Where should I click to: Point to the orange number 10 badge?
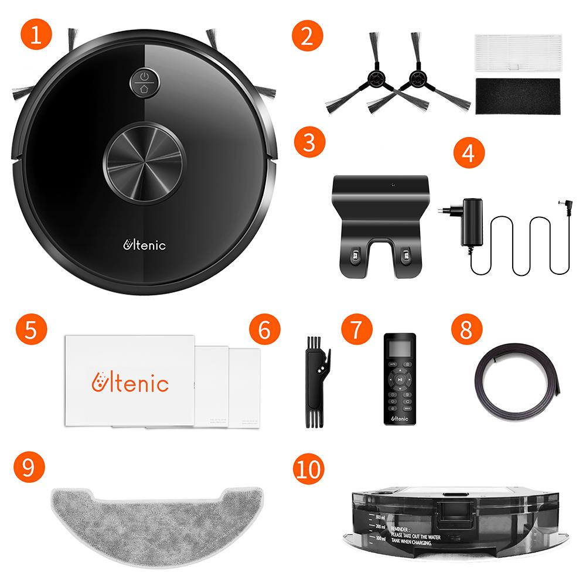point(308,469)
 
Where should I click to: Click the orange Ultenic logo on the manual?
point(131,383)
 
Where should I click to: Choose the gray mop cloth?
point(152,515)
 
